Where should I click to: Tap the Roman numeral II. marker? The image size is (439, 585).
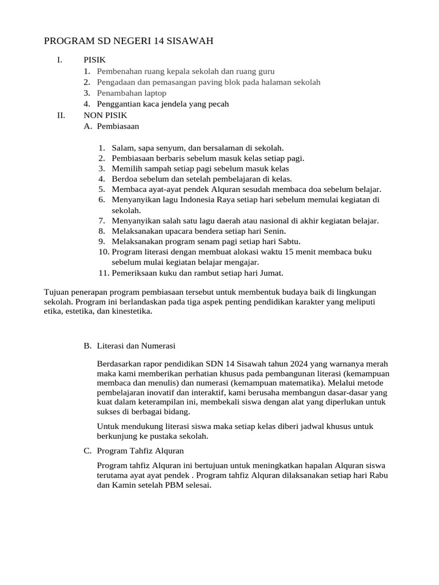click(61, 115)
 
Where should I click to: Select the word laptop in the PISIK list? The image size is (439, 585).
click(154, 93)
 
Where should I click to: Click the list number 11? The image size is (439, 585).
click(103, 273)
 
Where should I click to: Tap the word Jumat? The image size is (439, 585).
click(271, 273)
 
